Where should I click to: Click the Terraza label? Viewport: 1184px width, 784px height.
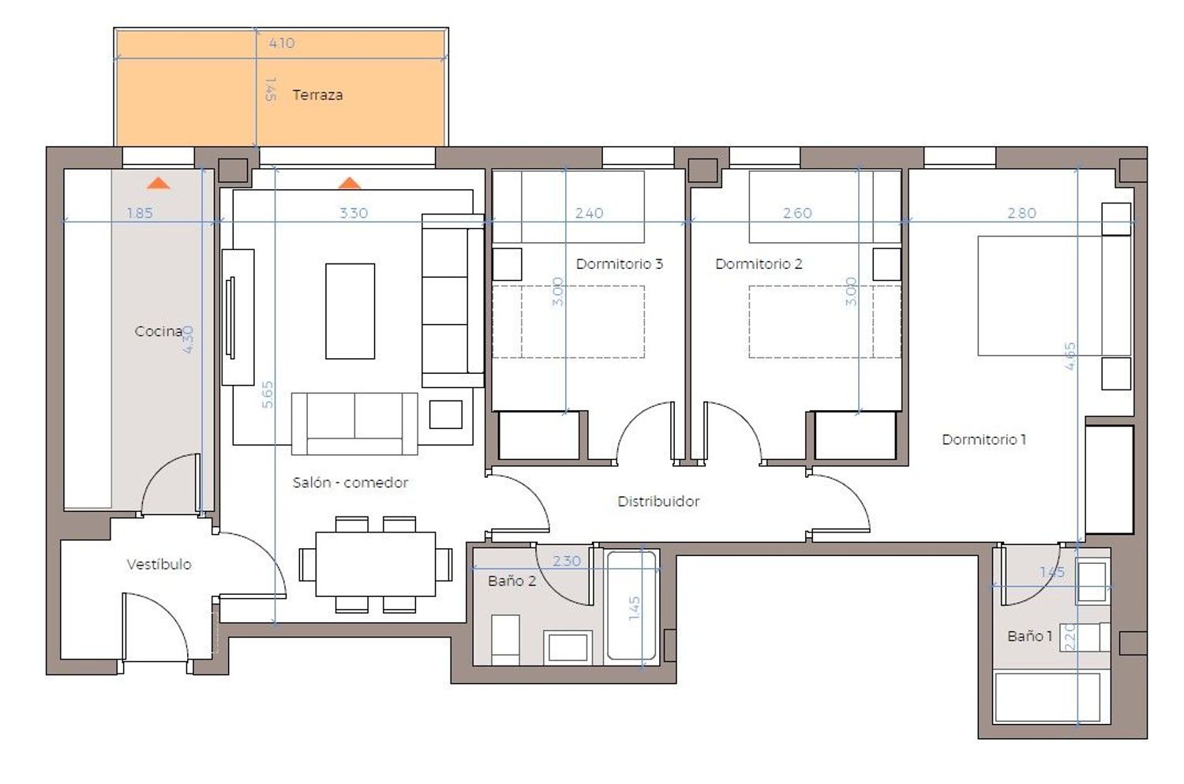tap(317, 95)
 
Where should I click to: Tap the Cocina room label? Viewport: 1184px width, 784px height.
tap(158, 331)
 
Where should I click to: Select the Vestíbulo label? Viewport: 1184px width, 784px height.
tap(159, 564)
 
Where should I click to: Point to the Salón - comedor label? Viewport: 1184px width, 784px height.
tap(350, 483)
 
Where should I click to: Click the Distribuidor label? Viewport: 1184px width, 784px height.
tap(658, 502)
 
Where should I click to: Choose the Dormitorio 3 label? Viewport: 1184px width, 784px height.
tap(619, 263)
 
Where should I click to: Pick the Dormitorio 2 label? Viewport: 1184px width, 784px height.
tap(759, 263)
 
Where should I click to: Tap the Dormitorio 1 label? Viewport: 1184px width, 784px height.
tap(984, 439)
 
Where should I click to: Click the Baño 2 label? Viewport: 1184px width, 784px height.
tap(511, 581)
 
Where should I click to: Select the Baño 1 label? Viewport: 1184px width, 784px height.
tap(1029, 636)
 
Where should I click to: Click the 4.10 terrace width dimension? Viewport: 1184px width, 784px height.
tap(282, 43)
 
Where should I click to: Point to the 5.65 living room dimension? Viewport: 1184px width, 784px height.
tap(268, 394)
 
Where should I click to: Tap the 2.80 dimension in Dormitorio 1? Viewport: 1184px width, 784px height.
tap(1021, 213)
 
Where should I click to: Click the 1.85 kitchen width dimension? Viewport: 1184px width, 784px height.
tap(140, 213)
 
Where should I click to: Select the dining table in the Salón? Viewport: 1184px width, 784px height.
tap(375, 564)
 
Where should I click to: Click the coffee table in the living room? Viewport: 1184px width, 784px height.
tap(350, 312)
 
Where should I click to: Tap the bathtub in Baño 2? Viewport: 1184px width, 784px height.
tap(631, 607)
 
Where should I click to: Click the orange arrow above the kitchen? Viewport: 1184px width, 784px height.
tap(159, 183)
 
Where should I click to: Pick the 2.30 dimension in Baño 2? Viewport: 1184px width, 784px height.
tap(567, 561)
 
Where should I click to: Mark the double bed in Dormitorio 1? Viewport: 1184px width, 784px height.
tap(1054, 295)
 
